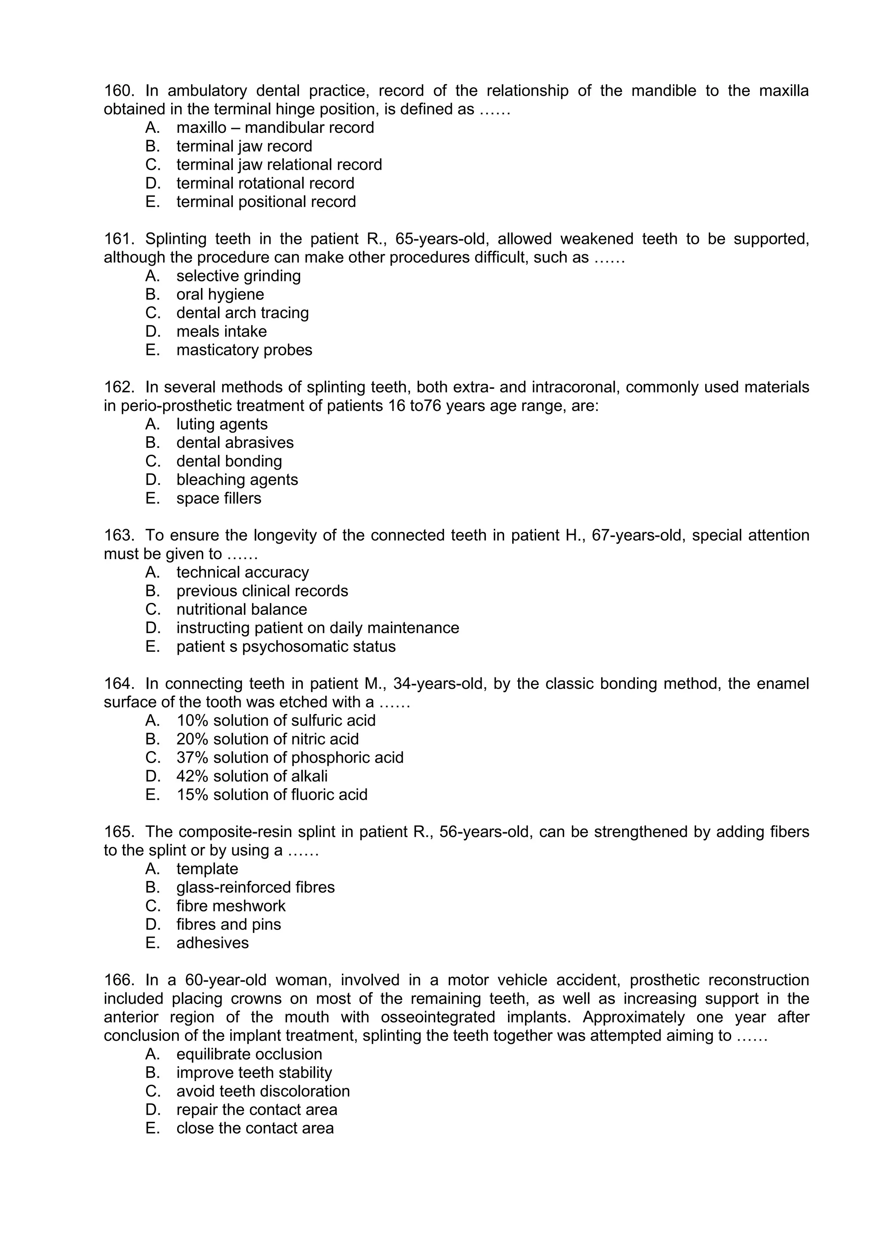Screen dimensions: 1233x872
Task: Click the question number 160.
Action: pyautogui.click(x=118, y=91)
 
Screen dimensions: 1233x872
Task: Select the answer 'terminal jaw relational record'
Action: pyautogui.click(x=279, y=165)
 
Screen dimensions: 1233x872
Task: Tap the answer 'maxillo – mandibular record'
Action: pyautogui.click(x=275, y=128)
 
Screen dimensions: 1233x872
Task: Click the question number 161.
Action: pyautogui.click(x=118, y=239)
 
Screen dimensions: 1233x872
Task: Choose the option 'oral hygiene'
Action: pyautogui.click(x=220, y=295)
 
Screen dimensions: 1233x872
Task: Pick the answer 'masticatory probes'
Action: pyautogui.click(x=244, y=350)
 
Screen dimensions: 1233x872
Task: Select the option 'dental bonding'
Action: pyautogui.click(x=229, y=461)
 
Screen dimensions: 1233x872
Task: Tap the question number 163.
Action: pyautogui.click(x=118, y=536)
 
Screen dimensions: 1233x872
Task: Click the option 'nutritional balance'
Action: pyautogui.click(x=241, y=610)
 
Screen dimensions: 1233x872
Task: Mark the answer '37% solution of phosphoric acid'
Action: pyautogui.click(x=290, y=758)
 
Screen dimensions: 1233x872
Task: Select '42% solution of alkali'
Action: pyautogui.click(x=252, y=777)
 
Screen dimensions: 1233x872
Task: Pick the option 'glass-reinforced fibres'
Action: pyautogui.click(x=255, y=888)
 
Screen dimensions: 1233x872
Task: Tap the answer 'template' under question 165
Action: pyautogui.click(x=207, y=869)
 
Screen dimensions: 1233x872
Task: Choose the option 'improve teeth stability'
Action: pyautogui.click(x=254, y=1073)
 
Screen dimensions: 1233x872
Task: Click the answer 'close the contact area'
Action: pyautogui.click(x=255, y=1128)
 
